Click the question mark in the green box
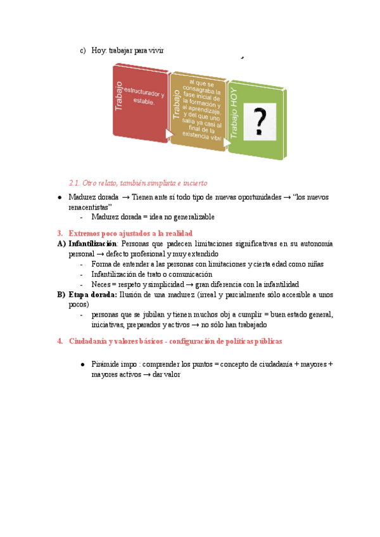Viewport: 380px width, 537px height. pyautogui.click(x=259, y=120)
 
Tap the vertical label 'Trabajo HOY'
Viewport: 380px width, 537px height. pyautogui.click(x=235, y=114)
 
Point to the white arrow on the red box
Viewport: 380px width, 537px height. pyautogui.click(x=169, y=134)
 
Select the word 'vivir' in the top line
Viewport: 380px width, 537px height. pyautogui.click(x=155, y=51)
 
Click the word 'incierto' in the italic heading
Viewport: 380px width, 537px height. pyautogui.click(x=194, y=183)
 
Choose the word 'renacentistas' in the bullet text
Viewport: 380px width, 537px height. pyautogui.click(x=89, y=206)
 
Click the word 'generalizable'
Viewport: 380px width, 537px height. pyautogui.click(x=193, y=217)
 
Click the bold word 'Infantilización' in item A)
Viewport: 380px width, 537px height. pyautogui.click(x=92, y=244)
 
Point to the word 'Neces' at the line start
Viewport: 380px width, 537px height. pyautogui.click(x=101, y=284)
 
